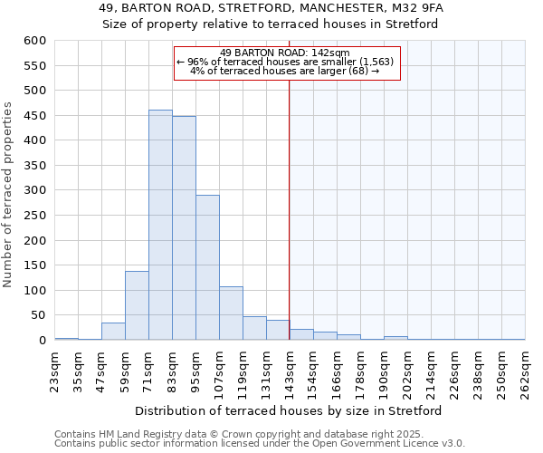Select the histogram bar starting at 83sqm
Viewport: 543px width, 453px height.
pos(184,228)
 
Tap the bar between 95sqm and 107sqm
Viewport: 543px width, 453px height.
pos(207,267)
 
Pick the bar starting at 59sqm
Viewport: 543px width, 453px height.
pos(137,305)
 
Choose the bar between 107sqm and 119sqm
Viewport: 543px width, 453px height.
pos(231,313)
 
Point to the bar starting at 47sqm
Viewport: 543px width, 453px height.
pos(113,332)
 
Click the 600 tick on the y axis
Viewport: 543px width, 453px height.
pos(34,41)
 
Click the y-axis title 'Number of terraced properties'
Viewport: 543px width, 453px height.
pos(8,195)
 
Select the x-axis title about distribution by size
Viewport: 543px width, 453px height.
pos(289,410)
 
